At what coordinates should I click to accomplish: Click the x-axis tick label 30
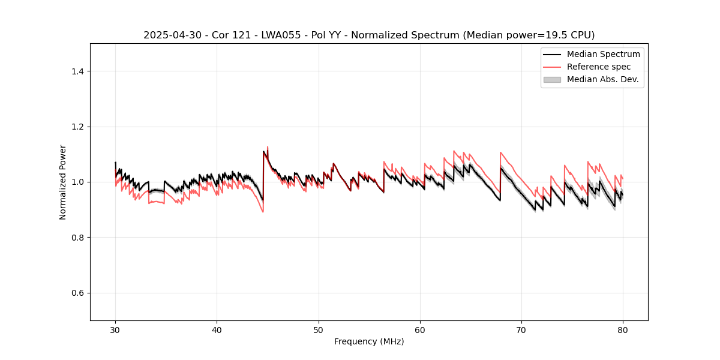pyautogui.click(x=115, y=330)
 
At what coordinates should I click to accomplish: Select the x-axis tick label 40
pyautogui.click(x=217, y=330)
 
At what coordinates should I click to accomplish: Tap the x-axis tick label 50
pyautogui.click(x=319, y=330)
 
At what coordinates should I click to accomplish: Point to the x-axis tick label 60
pyautogui.click(x=420, y=330)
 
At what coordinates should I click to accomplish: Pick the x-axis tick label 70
pyautogui.click(x=521, y=330)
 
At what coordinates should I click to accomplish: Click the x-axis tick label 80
pyautogui.click(x=623, y=330)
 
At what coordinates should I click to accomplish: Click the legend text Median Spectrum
pyautogui.click(x=603, y=54)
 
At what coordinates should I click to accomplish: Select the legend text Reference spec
pyautogui.click(x=599, y=67)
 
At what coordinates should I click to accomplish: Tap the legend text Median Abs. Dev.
pyautogui.click(x=602, y=79)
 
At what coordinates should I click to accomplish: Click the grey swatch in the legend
pyautogui.click(x=552, y=79)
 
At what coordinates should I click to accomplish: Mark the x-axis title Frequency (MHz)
pyautogui.click(x=369, y=341)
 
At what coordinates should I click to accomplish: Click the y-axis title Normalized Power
pyautogui.click(x=63, y=182)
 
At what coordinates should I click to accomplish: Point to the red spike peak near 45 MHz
pyautogui.click(x=268, y=147)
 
